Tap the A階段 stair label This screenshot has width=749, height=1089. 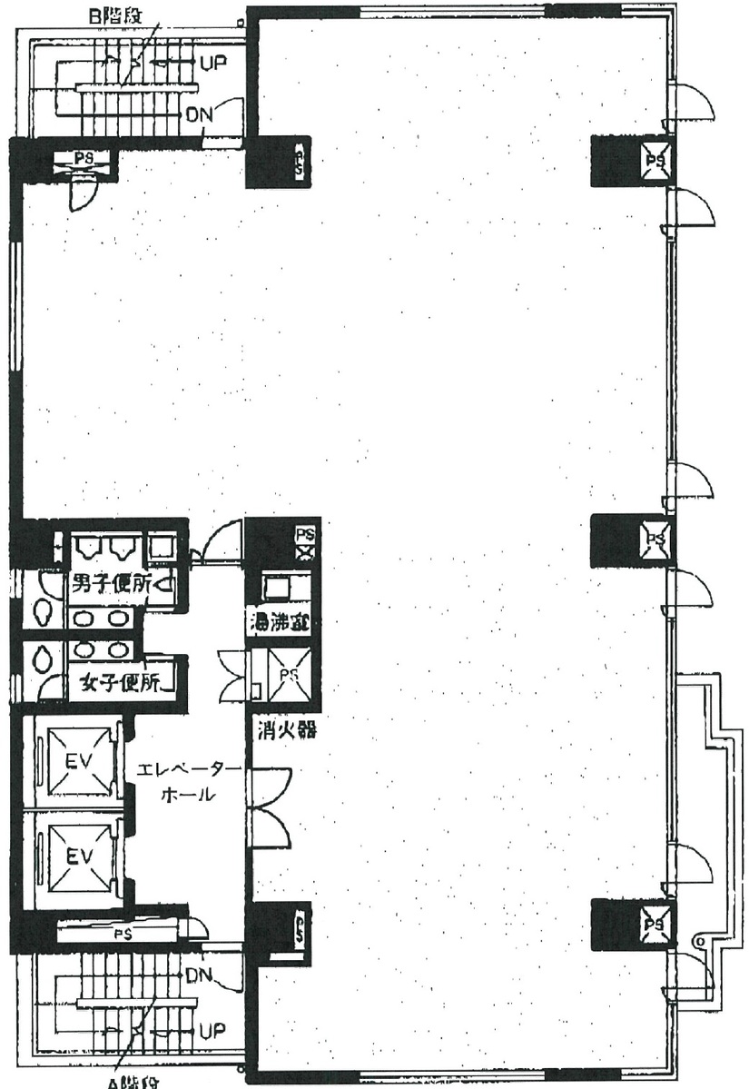pos(132,1081)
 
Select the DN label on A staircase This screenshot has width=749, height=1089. pos(198,975)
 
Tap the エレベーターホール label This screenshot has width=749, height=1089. pos(188,782)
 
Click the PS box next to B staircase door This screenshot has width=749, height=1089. pos(84,159)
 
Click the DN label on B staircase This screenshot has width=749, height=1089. pos(199,116)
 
